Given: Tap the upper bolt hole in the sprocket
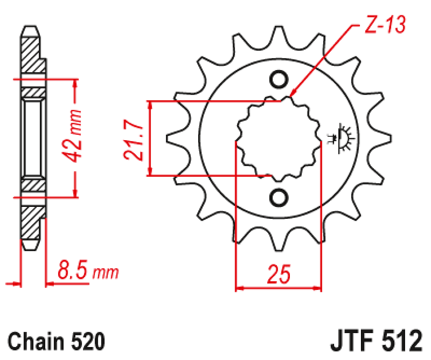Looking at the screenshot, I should pos(278,79).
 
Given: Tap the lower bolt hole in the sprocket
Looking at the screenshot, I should pos(278,197).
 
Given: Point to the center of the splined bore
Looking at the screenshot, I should pos(278,138).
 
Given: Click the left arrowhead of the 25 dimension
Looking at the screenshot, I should pos(239,289).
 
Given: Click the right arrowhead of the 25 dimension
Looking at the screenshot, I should pos(317,289).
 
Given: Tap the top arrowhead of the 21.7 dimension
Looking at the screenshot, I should pos(151,105).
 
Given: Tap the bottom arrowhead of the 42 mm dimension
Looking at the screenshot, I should pos(75,192).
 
